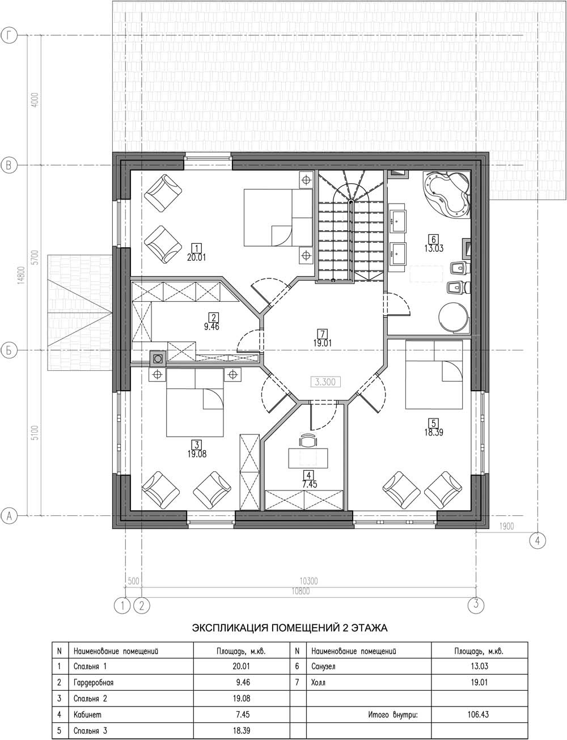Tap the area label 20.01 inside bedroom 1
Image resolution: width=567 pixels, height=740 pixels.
pyautogui.click(x=196, y=257)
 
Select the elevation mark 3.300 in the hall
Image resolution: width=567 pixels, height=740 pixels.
pyautogui.click(x=325, y=382)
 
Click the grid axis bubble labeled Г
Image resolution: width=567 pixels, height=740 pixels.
pyautogui.click(x=9, y=35)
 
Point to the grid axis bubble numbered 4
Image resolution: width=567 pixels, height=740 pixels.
pyautogui.click(x=538, y=540)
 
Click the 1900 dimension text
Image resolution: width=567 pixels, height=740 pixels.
pyautogui.click(x=506, y=526)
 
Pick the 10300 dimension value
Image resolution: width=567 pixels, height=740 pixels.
pyautogui.click(x=308, y=581)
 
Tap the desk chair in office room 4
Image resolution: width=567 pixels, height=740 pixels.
pyautogui.click(x=307, y=441)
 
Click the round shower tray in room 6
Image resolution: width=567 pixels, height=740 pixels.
pyautogui.click(x=453, y=316)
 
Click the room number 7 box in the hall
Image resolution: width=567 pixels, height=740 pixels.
pyautogui.click(x=323, y=333)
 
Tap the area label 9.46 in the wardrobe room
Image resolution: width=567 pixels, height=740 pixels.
pyautogui.click(x=211, y=327)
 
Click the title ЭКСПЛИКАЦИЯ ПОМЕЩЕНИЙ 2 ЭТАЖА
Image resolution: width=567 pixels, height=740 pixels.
pyautogui.click(x=290, y=628)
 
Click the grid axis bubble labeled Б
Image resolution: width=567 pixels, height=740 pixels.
pyautogui.click(x=9, y=351)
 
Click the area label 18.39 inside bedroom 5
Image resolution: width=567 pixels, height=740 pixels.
pyautogui.click(x=434, y=433)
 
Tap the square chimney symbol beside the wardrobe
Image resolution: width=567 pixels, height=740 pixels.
pyautogui.click(x=158, y=358)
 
